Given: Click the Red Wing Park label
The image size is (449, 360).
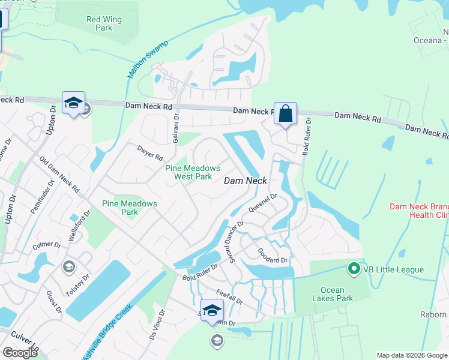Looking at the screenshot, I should coord(100,23).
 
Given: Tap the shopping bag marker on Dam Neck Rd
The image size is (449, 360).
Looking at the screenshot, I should coord(286,113).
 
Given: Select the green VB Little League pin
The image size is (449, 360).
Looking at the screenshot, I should coord(354,269).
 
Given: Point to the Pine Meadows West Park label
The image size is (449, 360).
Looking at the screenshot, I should coord(193,172).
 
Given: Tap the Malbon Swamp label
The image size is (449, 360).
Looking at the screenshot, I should coord(148,59).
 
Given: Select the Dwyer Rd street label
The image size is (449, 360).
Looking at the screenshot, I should coord(150,153).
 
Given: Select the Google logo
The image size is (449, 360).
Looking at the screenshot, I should coord(20,353).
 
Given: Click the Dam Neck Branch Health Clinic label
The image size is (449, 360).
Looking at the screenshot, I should coord(418,210).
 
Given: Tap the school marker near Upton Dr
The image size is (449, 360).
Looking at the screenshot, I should coord(73,103).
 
